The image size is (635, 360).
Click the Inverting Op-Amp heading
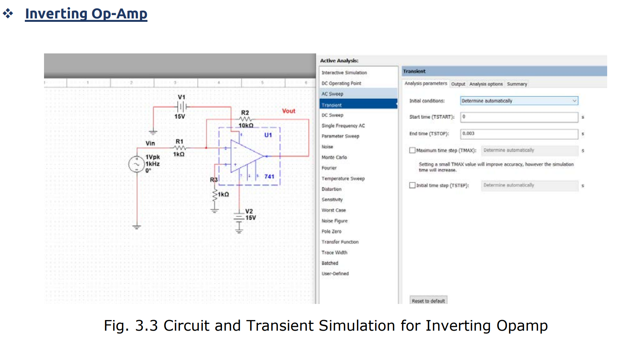point(86,14)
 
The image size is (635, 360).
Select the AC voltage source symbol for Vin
point(136,164)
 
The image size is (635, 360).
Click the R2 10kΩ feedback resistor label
point(245,113)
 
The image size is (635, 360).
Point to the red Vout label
point(289,111)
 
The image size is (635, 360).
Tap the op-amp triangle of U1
point(245,156)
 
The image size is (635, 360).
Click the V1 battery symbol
point(182,106)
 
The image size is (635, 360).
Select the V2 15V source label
point(250,214)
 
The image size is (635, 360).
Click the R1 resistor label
point(179,141)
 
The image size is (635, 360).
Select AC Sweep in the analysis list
point(333,94)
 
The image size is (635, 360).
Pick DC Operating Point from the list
point(341,83)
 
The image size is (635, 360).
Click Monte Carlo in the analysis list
point(334,157)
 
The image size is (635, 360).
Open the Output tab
point(458,84)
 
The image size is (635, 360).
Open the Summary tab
point(517,84)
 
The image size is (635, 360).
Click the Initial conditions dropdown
point(519,101)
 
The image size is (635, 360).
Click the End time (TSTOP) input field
point(519,134)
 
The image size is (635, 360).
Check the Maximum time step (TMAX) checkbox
point(412,150)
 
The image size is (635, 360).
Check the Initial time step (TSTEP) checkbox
point(412,185)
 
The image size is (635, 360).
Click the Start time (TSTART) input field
point(519,117)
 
